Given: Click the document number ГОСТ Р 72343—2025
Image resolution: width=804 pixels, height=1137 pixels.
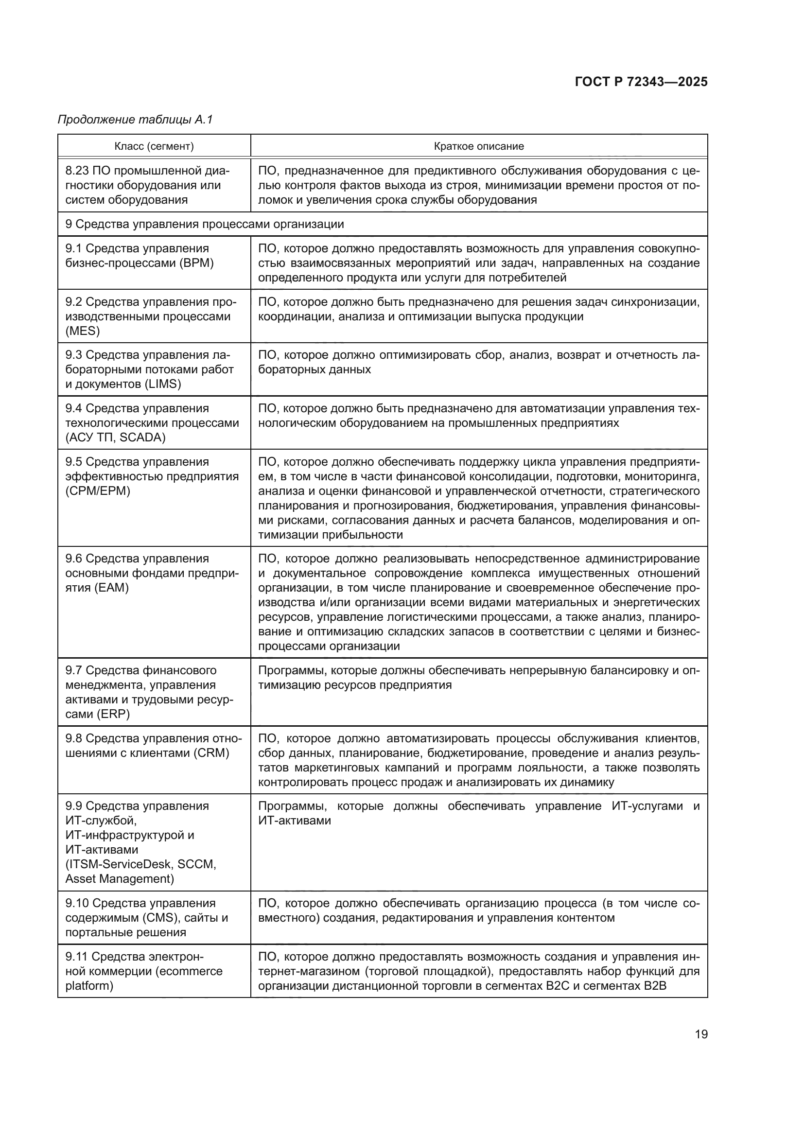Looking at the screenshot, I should point(641,82).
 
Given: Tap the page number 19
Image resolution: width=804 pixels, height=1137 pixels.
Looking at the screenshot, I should point(701,1034).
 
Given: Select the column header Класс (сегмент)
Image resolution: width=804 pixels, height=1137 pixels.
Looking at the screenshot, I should point(154,146).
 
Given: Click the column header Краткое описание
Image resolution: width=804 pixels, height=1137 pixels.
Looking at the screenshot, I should point(478,146).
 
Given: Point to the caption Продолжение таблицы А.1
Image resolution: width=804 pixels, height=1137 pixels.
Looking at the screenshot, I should point(135,120).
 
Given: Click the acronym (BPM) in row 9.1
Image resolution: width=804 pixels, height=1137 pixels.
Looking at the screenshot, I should point(197,263).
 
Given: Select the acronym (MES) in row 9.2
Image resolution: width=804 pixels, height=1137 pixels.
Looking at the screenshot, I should point(82,331).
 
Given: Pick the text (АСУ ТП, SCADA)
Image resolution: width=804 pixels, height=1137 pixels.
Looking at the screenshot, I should point(115,437).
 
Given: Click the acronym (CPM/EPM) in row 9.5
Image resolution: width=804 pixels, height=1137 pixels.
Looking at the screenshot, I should point(98,491).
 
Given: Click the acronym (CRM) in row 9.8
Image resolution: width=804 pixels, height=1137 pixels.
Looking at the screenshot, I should point(211,752).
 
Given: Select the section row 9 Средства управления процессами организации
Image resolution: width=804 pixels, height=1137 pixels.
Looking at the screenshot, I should point(205,224).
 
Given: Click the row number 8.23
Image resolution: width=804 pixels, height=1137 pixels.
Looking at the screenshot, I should point(77,171).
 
